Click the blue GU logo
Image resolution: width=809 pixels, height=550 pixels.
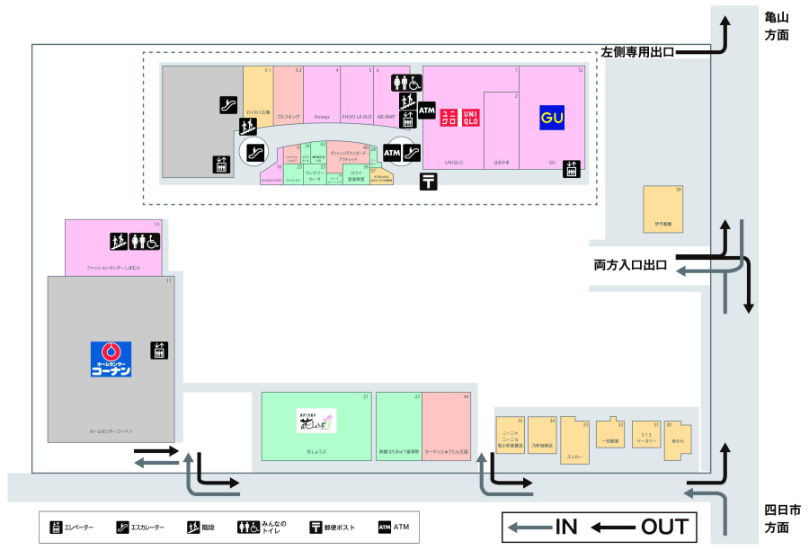click(x=551, y=118)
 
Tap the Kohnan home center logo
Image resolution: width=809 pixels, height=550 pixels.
click(x=111, y=359)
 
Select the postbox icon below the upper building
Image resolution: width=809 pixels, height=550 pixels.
click(x=430, y=182)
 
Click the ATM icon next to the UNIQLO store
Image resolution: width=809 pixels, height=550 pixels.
click(x=426, y=111)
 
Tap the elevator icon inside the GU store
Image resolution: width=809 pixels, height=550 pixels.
click(x=571, y=168)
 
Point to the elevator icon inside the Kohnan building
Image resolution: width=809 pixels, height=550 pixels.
click(x=158, y=350)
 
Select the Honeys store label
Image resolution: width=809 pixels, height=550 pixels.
click(x=322, y=117)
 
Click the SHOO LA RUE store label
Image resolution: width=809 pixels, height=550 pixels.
click(x=357, y=117)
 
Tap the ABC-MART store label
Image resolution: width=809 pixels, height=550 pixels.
click(x=387, y=117)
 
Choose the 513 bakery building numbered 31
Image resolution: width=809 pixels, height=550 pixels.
click(x=646, y=435)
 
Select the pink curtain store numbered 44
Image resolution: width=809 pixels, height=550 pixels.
click(x=447, y=427)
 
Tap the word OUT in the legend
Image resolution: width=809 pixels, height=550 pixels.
click(x=664, y=528)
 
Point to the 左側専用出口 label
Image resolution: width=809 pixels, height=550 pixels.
click(x=636, y=52)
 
